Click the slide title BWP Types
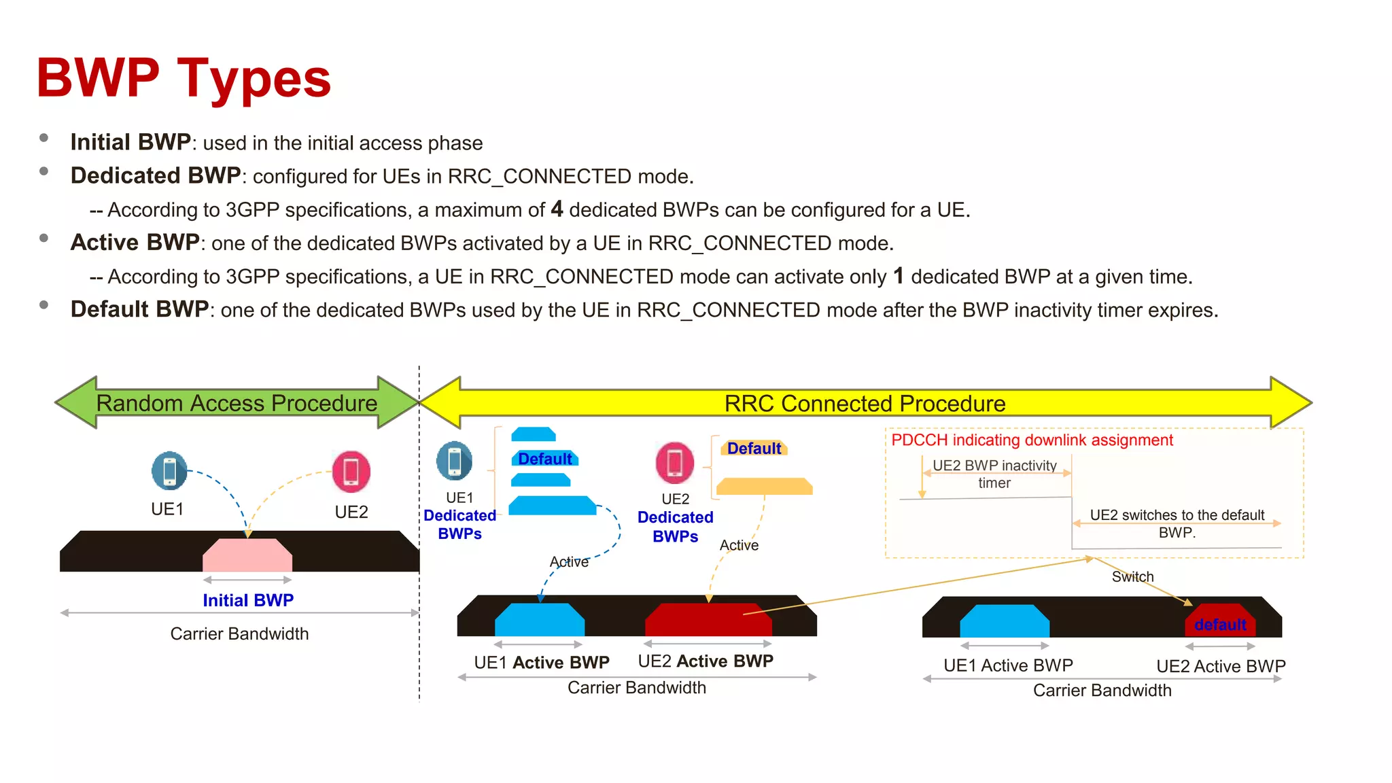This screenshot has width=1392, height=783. point(184,78)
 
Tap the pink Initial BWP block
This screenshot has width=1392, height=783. point(247,555)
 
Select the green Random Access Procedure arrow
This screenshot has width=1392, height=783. point(237,403)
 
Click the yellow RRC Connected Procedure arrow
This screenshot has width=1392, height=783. point(865,403)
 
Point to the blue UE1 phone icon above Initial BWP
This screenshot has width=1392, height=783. point(169,470)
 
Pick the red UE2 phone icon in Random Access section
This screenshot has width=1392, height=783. point(351,472)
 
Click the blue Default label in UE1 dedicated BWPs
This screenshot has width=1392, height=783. point(544,459)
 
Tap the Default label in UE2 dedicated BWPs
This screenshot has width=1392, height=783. point(754,449)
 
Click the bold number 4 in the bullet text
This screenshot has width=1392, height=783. point(557,209)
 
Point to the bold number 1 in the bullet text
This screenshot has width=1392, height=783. point(899,275)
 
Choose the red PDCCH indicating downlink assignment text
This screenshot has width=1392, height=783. point(1032,440)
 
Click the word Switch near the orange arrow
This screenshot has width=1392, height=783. point(1132,576)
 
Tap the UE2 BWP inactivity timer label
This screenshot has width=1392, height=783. point(994,474)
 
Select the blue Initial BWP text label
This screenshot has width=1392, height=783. point(248,600)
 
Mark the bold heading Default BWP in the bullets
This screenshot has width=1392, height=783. point(139,309)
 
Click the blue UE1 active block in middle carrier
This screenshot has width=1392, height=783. point(540,619)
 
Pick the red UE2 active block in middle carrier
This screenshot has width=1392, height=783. point(708,619)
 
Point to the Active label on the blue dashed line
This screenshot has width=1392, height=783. point(569,561)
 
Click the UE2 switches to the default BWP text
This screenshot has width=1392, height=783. point(1177,523)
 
